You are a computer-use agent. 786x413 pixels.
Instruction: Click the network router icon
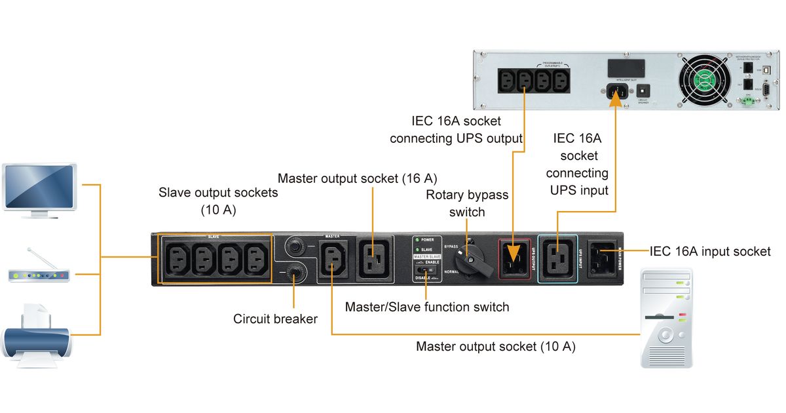tap(39, 270)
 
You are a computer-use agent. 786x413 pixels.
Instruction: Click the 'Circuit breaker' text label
tap(275, 319)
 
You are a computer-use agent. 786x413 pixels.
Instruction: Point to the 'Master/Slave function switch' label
tap(426, 306)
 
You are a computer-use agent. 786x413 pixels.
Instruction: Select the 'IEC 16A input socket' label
tap(710, 251)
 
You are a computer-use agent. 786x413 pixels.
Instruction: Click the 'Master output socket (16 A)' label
tap(357, 178)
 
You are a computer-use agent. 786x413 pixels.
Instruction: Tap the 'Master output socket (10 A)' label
tap(496, 346)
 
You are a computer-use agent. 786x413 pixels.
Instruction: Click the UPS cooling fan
tap(703, 83)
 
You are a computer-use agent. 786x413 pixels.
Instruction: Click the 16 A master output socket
tap(375, 258)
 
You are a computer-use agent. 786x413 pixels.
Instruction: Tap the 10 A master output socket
tap(332, 259)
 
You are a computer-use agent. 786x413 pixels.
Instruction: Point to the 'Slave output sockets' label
tap(218, 201)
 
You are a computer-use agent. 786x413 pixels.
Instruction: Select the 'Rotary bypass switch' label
tap(466, 203)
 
